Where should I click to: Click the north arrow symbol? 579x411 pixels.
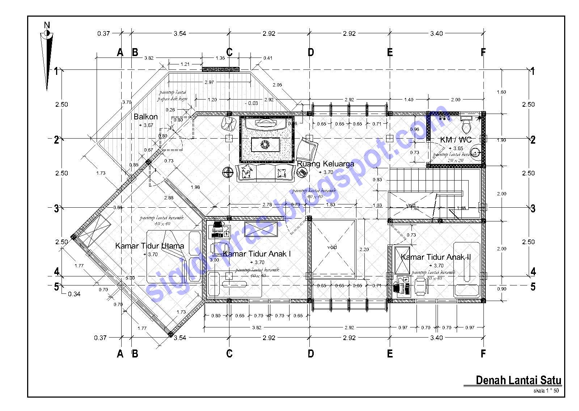pyautogui.click(x=47, y=58)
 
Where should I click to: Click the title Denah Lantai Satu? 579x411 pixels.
pyautogui.click(x=518, y=380)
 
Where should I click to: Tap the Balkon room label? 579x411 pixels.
pyautogui.click(x=145, y=116)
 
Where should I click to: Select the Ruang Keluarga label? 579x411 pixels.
pyautogui.click(x=325, y=164)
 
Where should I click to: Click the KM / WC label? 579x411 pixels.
pyautogui.click(x=456, y=140)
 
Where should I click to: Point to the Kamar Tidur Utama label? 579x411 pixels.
pyautogui.click(x=149, y=246)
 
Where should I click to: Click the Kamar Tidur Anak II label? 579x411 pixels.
pyautogui.click(x=436, y=257)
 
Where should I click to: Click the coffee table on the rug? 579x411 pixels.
pyautogui.click(x=265, y=145)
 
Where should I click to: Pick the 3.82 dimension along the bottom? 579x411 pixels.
pyautogui.click(x=256, y=328)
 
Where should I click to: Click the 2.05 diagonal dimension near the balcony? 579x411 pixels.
pyautogui.click(x=277, y=85)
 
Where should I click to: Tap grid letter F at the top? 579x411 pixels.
pyautogui.click(x=483, y=52)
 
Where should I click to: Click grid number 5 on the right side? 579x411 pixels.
pyautogui.click(x=533, y=287)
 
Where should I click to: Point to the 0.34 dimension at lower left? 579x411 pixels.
pyautogui.click(x=74, y=294)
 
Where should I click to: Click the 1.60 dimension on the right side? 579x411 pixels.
pyautogui.click(x=501, y=92)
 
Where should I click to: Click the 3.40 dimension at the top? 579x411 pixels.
pyautogui.click(x=436, y=34)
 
